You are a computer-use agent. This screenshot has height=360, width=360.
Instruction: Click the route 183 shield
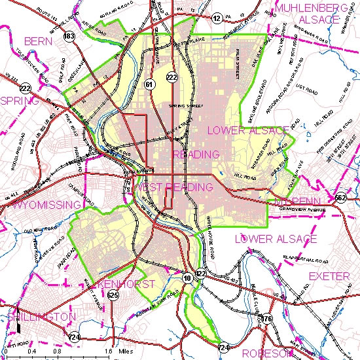tap(69, 37)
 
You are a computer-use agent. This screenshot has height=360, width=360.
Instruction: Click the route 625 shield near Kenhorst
tap(113, 296)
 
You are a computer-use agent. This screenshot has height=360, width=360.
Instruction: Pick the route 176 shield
tap(266, 319)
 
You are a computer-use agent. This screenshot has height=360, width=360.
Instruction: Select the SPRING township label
tap(20, 101)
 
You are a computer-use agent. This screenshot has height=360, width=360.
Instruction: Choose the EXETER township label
tap(329, 276)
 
